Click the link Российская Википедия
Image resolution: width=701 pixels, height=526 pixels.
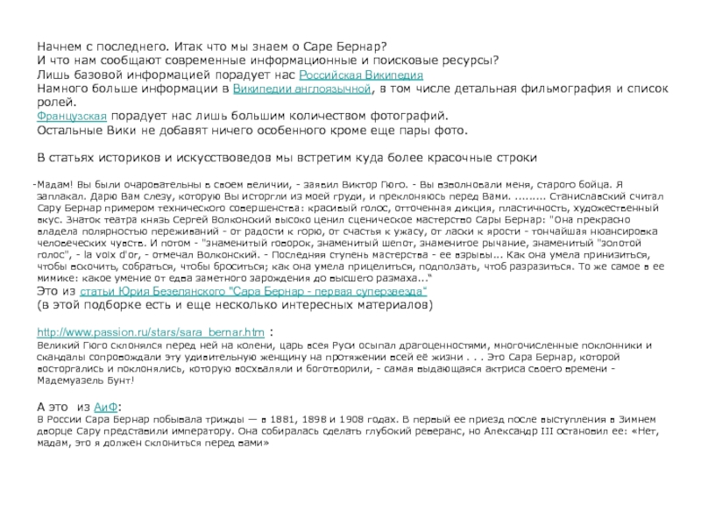pos(368,75)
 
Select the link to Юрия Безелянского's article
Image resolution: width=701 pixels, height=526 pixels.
pos(254,289)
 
